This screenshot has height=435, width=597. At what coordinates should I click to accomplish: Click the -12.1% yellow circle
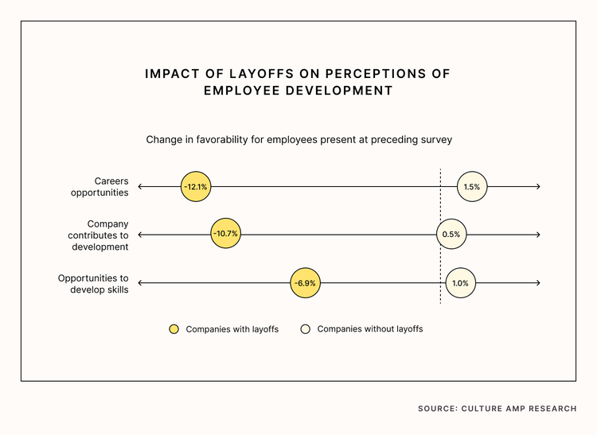pos(195,187)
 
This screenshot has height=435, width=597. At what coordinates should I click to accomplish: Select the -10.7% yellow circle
pos(225,235)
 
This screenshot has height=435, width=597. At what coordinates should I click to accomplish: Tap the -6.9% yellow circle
pos(305,283)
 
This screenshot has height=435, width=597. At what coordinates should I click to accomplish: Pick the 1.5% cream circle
pos(472,187)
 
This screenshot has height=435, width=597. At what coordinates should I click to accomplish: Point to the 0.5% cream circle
pos(451,235)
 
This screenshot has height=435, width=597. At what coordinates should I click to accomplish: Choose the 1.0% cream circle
pos(460,283)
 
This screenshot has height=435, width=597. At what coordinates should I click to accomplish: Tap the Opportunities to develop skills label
pos(93,284)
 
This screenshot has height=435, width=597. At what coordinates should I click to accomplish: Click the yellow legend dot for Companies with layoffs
pos(174,329)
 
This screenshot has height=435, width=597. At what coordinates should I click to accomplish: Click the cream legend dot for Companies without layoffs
pos(306,329)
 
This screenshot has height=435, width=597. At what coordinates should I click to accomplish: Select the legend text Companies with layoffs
pos(232,329)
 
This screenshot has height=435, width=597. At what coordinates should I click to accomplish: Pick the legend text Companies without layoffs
pos(369,329)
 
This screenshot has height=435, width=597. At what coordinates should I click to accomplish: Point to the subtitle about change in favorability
pos(298,139)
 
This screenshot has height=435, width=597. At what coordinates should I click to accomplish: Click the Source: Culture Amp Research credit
pos(497,409)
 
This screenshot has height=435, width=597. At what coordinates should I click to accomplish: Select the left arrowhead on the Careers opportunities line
pos(140,187)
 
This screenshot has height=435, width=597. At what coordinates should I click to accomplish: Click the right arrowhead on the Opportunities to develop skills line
pos(538,283)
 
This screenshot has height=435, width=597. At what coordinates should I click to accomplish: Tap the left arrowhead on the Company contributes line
pos(140,235)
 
